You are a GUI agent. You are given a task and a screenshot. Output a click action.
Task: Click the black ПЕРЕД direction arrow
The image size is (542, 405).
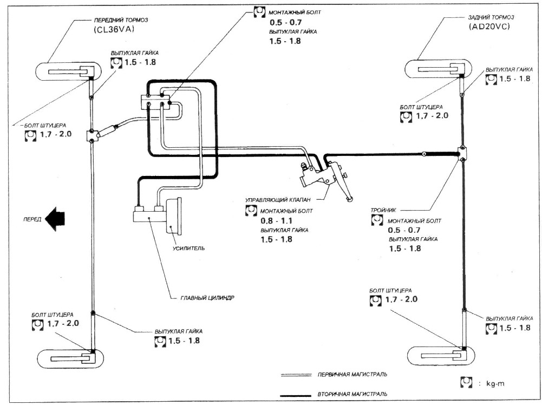55,219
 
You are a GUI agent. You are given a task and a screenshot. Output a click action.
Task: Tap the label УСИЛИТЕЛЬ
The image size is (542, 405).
189,248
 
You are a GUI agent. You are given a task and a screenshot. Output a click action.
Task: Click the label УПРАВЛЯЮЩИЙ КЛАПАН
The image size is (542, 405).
278,200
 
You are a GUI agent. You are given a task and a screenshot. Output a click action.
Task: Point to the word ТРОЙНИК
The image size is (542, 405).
383,210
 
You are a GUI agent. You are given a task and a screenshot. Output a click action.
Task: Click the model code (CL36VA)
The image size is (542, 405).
113,30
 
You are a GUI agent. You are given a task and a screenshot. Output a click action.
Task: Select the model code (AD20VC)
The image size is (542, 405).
489,27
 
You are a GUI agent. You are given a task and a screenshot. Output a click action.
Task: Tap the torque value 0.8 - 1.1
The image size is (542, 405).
277,221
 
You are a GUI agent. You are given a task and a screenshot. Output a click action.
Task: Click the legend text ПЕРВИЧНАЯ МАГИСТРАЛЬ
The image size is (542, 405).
352,374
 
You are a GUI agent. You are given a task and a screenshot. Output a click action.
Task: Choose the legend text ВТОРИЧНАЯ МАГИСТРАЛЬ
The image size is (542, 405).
352,394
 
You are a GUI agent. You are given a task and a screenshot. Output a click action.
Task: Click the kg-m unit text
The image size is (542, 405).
495,383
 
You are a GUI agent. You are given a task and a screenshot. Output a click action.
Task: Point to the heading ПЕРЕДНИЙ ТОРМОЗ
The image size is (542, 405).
121,20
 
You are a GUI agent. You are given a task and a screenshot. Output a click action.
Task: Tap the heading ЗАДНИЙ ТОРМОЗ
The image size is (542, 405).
491,17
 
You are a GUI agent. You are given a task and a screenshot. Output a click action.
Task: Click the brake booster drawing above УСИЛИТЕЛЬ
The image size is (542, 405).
173,217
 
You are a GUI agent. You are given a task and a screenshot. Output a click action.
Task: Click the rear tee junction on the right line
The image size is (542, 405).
462,153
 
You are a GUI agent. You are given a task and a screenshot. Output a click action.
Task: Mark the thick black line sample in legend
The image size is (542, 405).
296,395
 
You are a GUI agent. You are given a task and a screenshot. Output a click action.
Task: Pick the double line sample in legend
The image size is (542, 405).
296,375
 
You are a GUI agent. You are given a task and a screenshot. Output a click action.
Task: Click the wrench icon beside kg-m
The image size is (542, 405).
467,382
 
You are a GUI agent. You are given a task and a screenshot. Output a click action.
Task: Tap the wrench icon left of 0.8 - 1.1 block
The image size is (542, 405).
251,211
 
